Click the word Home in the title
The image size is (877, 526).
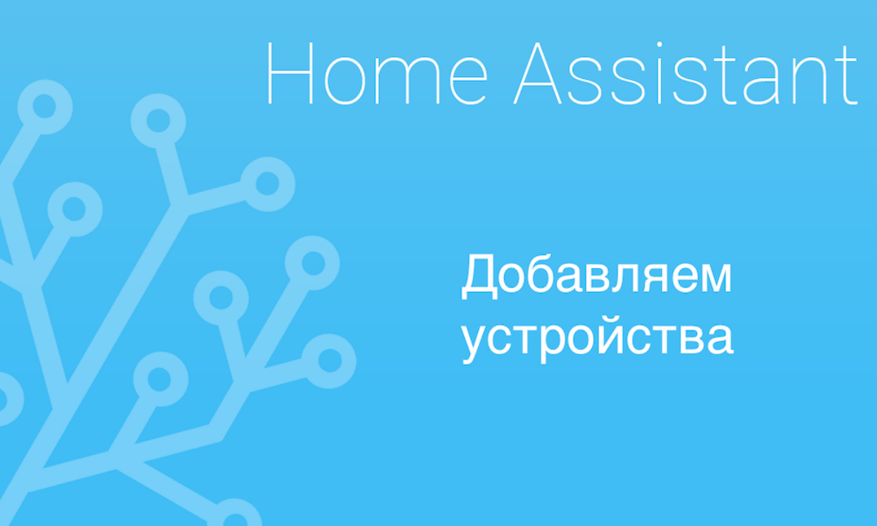[x=376, y=73]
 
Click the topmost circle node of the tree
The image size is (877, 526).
[x=45, y=106]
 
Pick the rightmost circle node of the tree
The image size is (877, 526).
[x=330, y=359]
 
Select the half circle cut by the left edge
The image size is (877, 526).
[x=6, y=399]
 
